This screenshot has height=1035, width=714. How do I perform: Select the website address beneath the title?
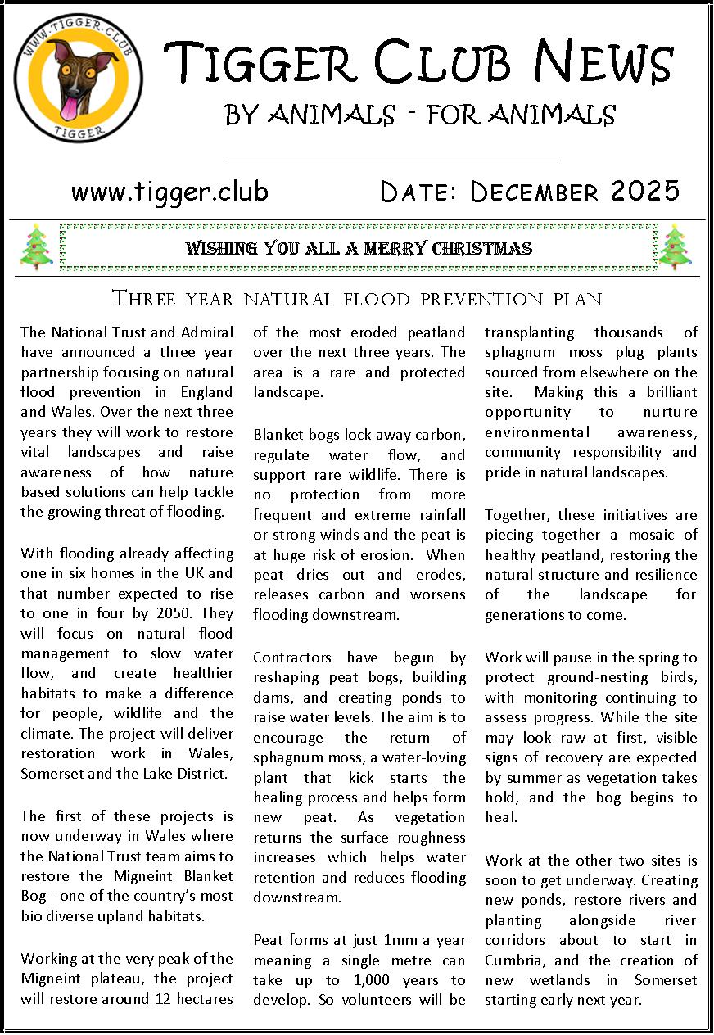tap(169, 192)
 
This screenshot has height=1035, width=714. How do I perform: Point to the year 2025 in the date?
tap(644, 192)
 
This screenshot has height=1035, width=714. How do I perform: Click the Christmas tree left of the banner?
tap(36, 246)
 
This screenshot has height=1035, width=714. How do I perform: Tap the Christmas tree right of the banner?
tap(676, 246)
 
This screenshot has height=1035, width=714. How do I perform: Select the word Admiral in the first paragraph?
tap(205, 332)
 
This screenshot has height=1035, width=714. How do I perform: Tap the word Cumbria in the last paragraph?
tap(513, 960)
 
